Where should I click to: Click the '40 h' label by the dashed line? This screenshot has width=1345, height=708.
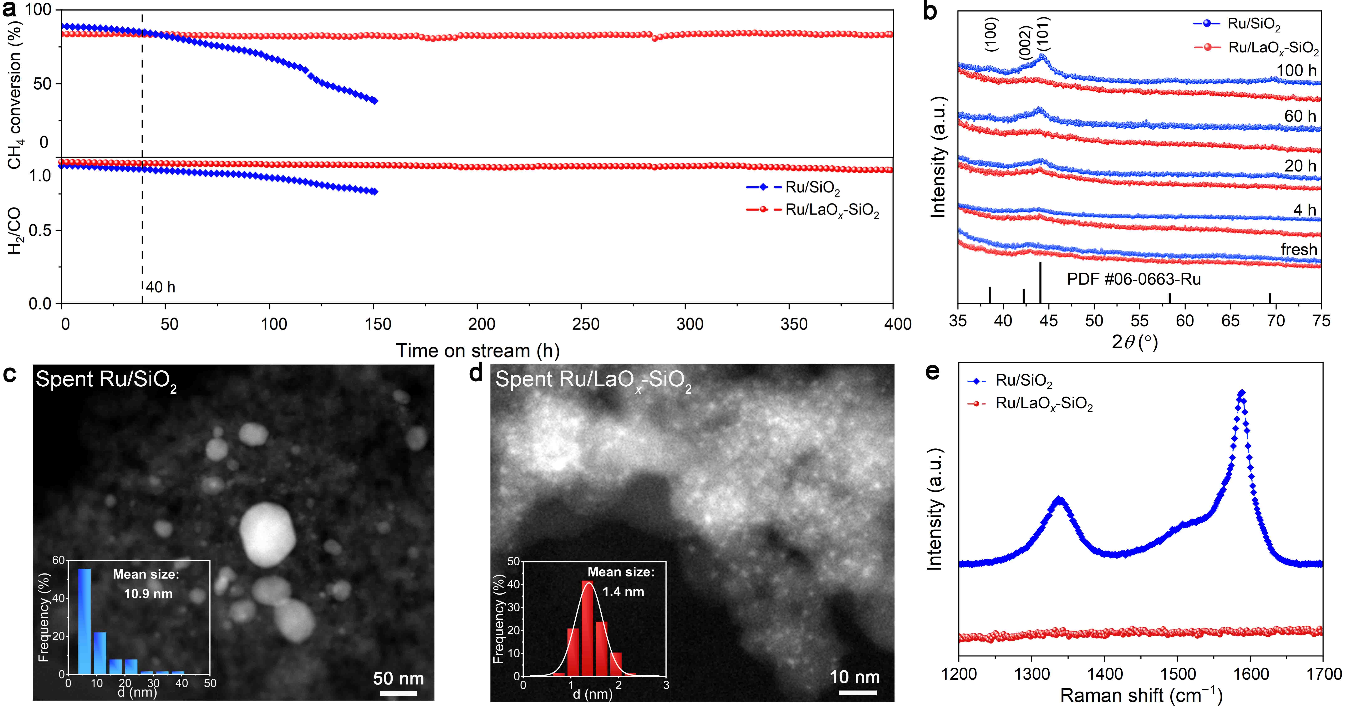[x=160, y=287]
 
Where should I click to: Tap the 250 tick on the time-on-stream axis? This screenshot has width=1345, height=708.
[x=585, y=324]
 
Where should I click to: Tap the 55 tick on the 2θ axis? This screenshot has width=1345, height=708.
[x=1139, y=321]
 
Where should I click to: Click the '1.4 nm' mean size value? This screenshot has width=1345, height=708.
[x=623, y=592]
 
